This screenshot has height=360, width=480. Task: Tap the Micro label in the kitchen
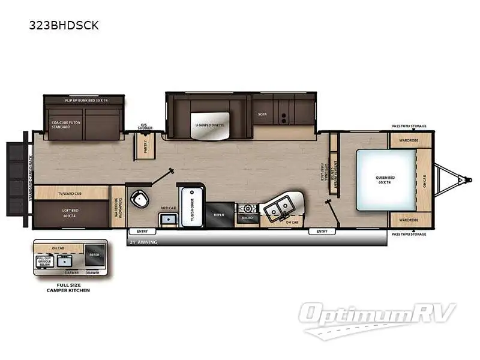click(247, 219)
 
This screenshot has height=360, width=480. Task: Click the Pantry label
click(145, 144)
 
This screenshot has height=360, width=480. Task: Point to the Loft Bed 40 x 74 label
click(70, 213)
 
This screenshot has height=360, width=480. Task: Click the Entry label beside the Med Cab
click(142, 231)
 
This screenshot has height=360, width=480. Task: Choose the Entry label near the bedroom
click(322, 231)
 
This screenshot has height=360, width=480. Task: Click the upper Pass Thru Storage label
click(409, 127)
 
